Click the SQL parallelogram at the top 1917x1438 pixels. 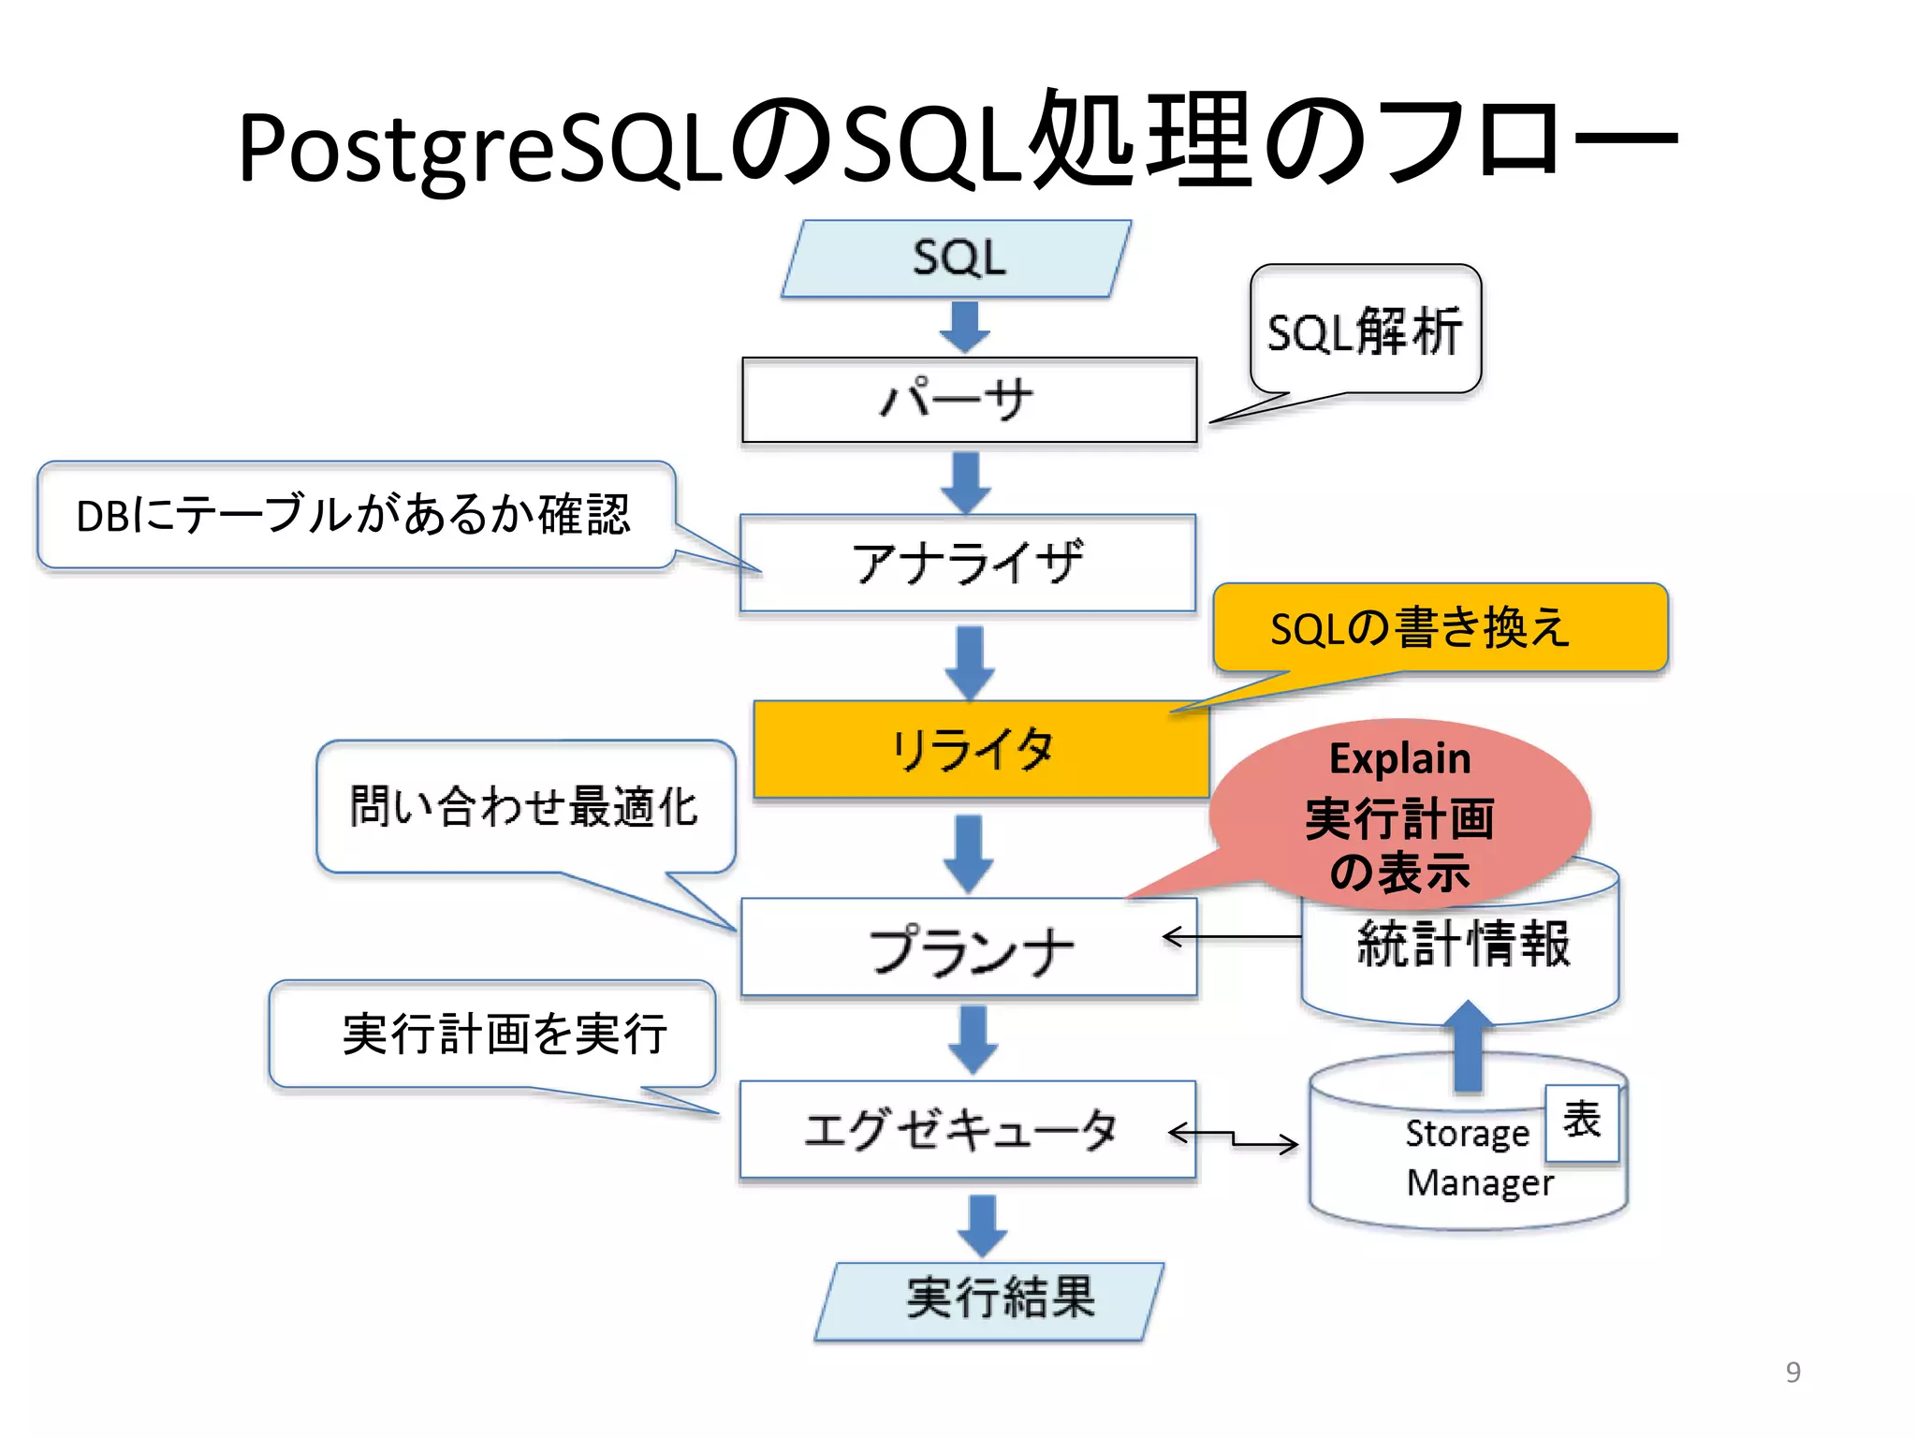pos(957,258)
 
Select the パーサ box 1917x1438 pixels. pos(969,400)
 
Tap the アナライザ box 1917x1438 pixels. pos(967,563)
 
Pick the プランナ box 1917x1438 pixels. pos(969,947)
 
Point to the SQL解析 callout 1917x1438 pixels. pos(1365,330)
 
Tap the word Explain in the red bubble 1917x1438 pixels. pos(1400,758)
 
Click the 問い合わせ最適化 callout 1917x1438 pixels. pos(524,807)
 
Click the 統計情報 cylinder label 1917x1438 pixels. pos(1463,944)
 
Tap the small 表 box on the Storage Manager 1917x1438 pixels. pos(1581,1121)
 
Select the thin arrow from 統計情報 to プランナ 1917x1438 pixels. pos(1232,936)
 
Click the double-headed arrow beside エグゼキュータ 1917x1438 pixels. pos(1233,1137)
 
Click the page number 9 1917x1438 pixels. pos(1793,1372)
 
